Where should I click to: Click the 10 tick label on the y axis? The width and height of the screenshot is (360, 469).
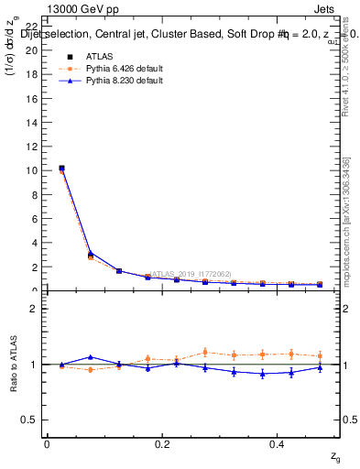click(35, 170)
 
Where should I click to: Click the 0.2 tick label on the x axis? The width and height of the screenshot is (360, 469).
click(162, 443)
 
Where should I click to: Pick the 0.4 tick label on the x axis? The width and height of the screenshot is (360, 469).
click(278, 443)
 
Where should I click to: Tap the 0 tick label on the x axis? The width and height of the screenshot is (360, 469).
click(47, 443)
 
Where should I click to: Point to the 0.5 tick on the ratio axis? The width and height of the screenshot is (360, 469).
click(33, 420)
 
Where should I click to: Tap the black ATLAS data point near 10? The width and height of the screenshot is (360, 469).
click(61, 169)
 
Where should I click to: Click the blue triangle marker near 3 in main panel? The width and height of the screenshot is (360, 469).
click(90, 253)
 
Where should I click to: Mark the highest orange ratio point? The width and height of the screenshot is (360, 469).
click(205, 352)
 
